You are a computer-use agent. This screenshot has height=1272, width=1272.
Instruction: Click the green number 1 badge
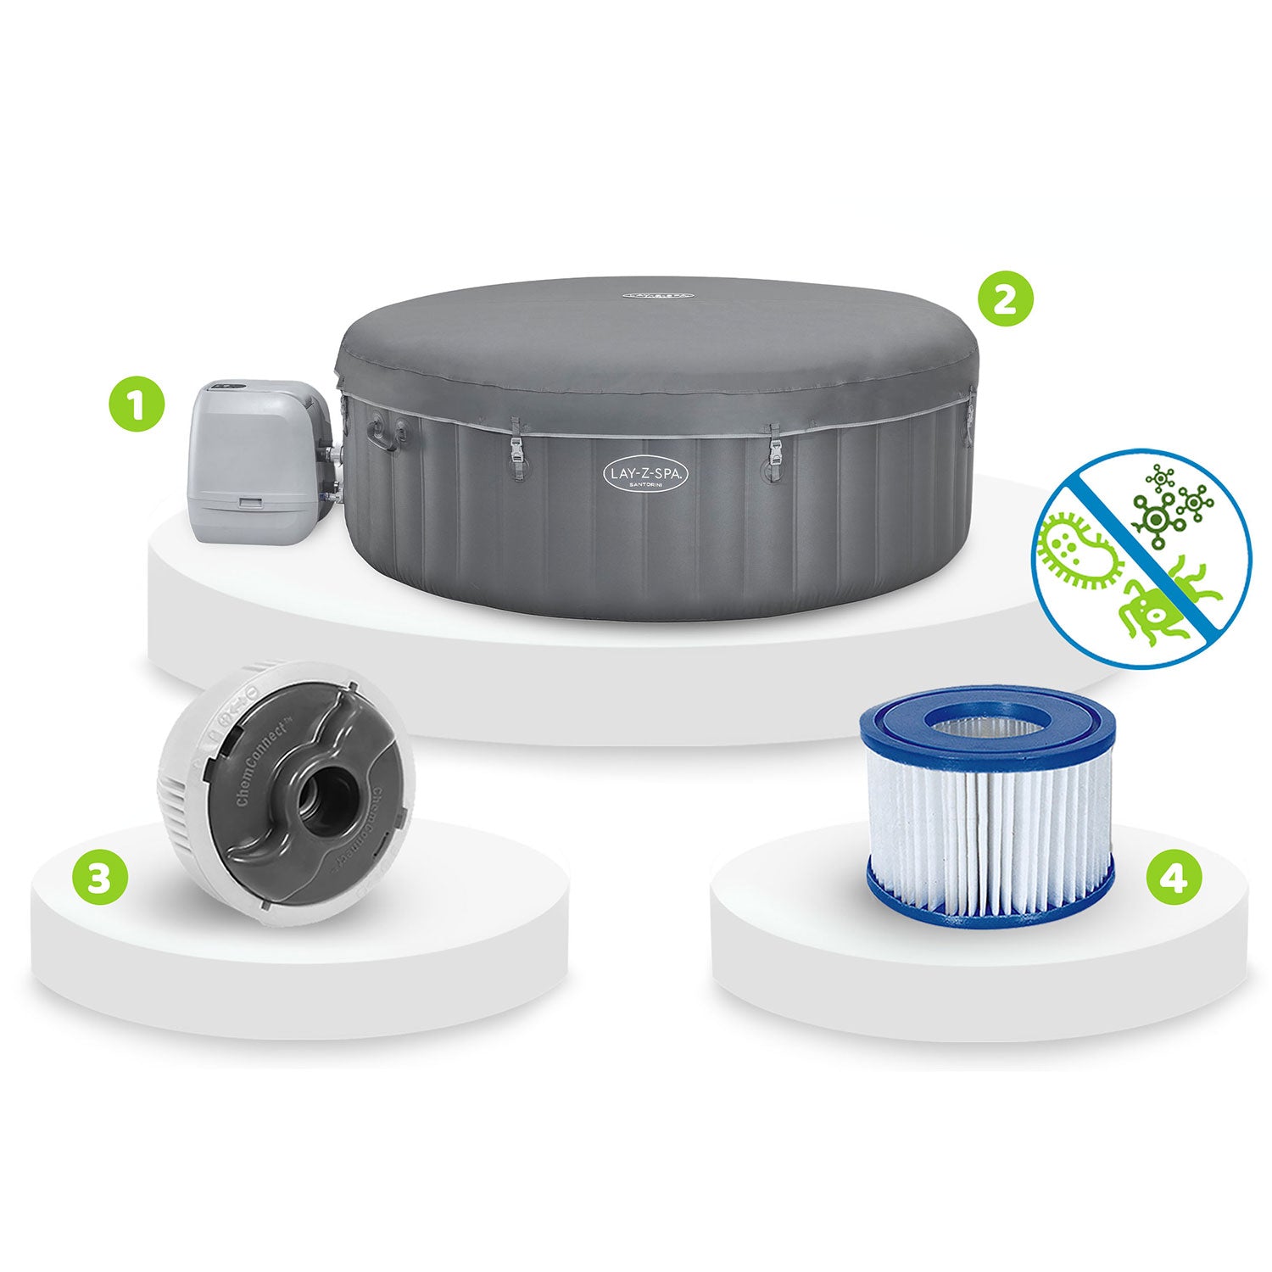click(x=136, y=405)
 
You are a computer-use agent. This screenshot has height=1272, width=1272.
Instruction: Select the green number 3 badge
click(x=100, y=879)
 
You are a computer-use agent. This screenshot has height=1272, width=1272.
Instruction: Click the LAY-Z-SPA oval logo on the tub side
click(x=646, y=473)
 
